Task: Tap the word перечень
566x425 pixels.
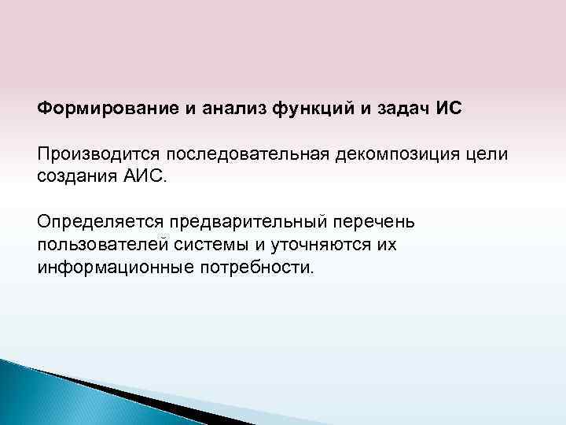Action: [380, 221]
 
